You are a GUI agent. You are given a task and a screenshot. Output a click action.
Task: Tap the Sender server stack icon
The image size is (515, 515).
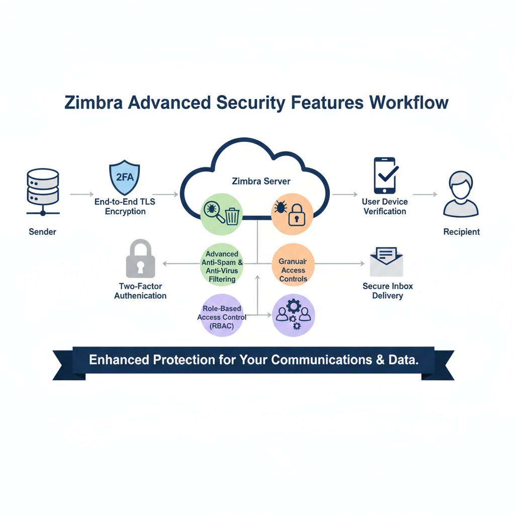[x=42, y=192]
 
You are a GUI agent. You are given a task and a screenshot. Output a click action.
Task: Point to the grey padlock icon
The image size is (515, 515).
[x=140, y=259]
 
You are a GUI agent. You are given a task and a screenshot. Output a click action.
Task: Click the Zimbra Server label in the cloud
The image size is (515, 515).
[x=261, y=181]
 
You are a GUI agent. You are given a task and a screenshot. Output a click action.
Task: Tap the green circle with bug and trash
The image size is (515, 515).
[x=222, y=214]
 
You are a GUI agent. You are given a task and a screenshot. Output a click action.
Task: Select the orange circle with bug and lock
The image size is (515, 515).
[x=293, y=214]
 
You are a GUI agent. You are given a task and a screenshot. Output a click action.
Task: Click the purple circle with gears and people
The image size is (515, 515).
[x=293, y=315]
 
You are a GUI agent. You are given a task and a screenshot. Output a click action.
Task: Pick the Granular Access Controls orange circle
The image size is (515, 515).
[x=293, y=265]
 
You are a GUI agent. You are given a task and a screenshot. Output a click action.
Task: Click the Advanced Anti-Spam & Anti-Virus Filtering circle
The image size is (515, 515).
[x=222, y=265]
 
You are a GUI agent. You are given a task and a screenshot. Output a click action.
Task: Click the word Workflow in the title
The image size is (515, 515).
[x=408, y=103]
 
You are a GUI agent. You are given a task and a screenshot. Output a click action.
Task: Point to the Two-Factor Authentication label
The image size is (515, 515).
[x=140, y=291]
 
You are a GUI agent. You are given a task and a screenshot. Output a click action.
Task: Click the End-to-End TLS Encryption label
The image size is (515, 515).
[x=125, y=206]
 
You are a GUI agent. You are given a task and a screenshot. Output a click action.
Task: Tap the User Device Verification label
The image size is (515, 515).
[x=385, y=206]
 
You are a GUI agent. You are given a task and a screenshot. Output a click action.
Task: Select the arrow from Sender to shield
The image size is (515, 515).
[x=81, y=193]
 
